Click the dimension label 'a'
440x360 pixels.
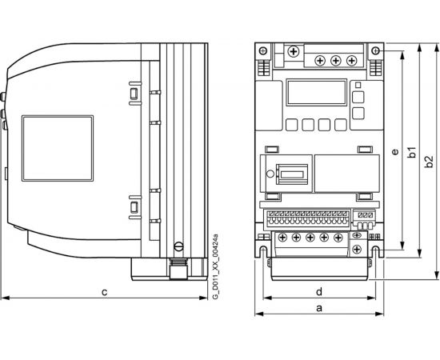pyautogui.click(x=320, y=306)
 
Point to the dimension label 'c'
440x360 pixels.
pyautogui.click(x=104, y=291)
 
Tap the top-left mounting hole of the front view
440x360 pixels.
pyautogui.click(x=263, y=52)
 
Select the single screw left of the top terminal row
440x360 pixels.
pyautogui.click(x=294, y=53)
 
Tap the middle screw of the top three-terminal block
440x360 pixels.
pyautogui.click(x=334, y=60)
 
